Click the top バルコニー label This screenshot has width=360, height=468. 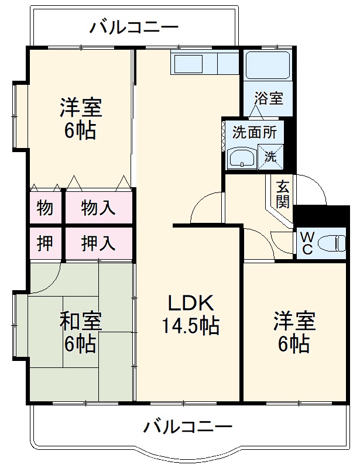click(x=134, y=27)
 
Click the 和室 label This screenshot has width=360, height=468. click(x=81, y=321)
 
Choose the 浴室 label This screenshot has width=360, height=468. click(x=268, y=98)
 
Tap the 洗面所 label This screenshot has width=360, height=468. click(x=254, y=132)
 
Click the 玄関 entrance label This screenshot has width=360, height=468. click(x=283, y=194)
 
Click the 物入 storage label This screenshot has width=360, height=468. click(x=98, y=208)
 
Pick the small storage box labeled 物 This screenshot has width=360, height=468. click(x=46, y=208)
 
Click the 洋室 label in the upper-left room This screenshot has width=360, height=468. click(x=81, y=108)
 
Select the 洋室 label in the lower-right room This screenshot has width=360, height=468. click(x=294, y=322)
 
